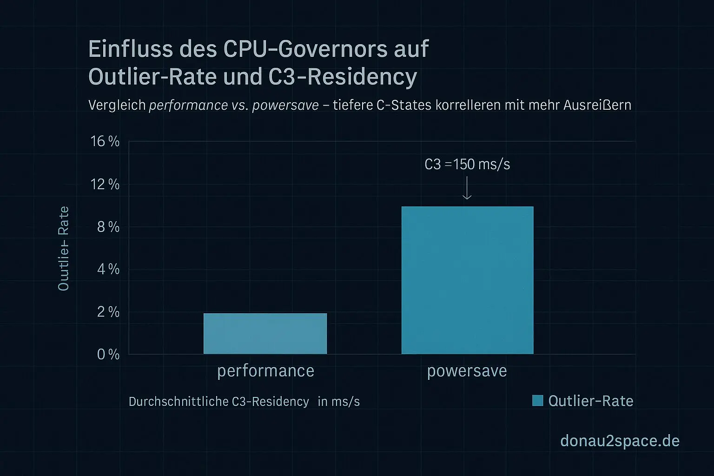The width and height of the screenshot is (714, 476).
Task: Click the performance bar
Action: [x=265, y=333]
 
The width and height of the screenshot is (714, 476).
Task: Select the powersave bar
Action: [x=467, y=280]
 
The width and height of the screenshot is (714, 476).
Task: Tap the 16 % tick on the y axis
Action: [x=105, y=141]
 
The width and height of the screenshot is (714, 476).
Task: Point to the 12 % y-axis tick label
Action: [x=105, y=185]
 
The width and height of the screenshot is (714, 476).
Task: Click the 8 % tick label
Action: [x=108, y=227]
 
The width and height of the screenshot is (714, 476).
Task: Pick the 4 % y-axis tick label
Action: [x=108, y=269]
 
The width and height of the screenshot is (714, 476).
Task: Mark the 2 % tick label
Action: [x=108, y=312]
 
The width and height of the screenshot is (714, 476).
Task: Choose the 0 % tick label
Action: [x=108, y=355]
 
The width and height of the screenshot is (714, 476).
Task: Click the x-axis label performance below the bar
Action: [x=265, y=371]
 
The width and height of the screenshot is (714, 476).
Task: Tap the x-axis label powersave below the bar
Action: [x=467, y=371]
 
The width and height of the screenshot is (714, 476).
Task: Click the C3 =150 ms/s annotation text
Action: [x=467, y=165]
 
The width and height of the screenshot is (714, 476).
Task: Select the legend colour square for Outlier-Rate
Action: [x=537, y=401]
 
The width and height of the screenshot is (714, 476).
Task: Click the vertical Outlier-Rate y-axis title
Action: [x=63, y=249]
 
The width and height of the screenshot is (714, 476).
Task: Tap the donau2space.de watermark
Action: [x=620, y=441]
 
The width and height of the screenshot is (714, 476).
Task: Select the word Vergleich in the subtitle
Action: [x=117, y=105]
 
